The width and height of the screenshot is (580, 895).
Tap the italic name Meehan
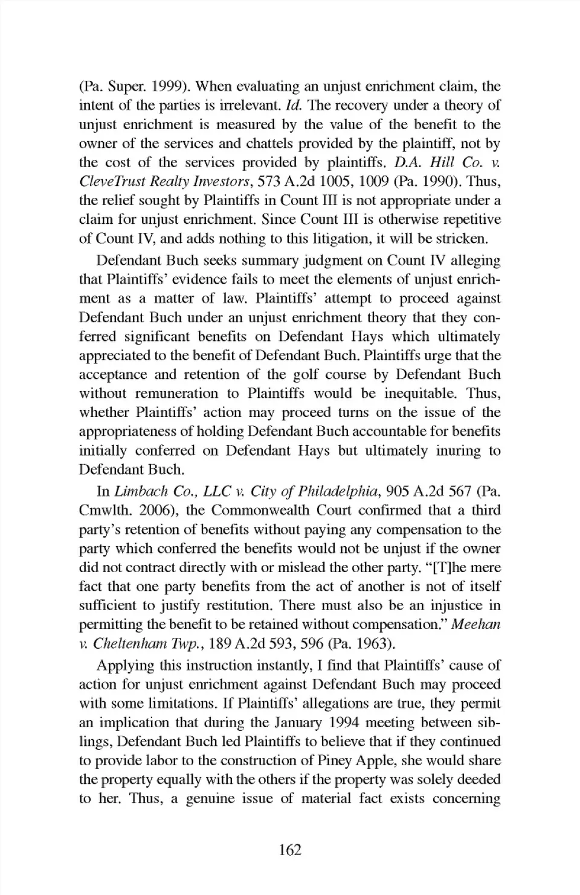tap(476, 625)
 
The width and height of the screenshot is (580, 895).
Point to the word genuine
tap(208, 799)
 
